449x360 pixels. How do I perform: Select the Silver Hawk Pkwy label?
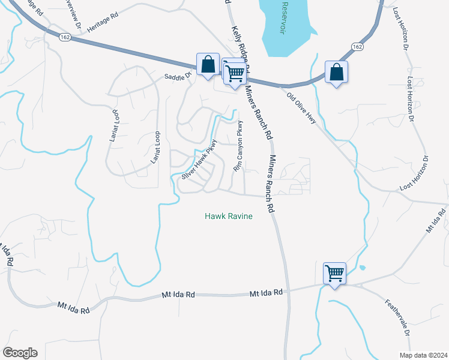coord(199,160)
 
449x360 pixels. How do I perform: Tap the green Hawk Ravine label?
coord(228,216)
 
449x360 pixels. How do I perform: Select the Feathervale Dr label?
coord(398,317)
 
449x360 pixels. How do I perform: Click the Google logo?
coord(19,353)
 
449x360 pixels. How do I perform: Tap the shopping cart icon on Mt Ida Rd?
coord(334,273)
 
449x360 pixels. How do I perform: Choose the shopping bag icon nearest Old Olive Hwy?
coord(336,71)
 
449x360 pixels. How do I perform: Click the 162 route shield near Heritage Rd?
coord(65,37)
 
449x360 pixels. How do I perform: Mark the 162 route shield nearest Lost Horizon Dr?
coord(357,46)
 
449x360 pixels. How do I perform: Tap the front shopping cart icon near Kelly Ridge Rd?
coord(235,73)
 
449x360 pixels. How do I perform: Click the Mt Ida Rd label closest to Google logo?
coord(73,307)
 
